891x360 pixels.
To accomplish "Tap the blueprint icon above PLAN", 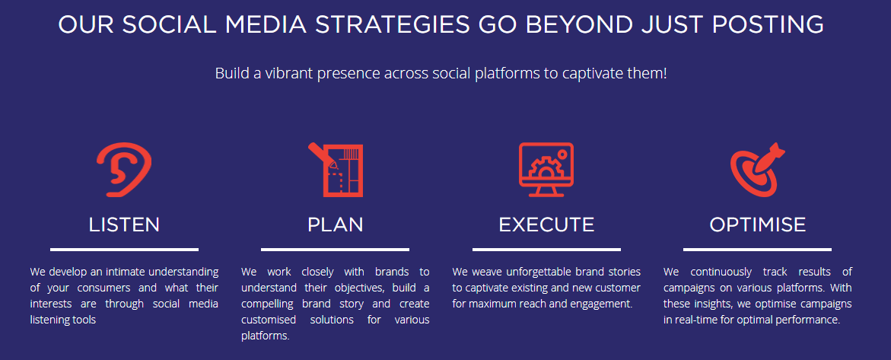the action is coord(336,170).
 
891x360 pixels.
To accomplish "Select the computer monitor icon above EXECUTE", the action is coord(546,170).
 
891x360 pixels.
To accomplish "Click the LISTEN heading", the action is coord(124,225).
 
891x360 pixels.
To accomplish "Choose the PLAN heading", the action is coord(336,225).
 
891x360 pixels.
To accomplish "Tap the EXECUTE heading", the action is coord(546,225).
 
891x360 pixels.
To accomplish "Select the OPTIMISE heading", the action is coord(757,225).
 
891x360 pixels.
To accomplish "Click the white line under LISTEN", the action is coord(125,249).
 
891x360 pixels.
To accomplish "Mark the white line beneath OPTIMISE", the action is coord(757,249).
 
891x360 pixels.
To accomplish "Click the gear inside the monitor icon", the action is coord(543,167).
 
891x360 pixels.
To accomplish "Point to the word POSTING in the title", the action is coord(768,25).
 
